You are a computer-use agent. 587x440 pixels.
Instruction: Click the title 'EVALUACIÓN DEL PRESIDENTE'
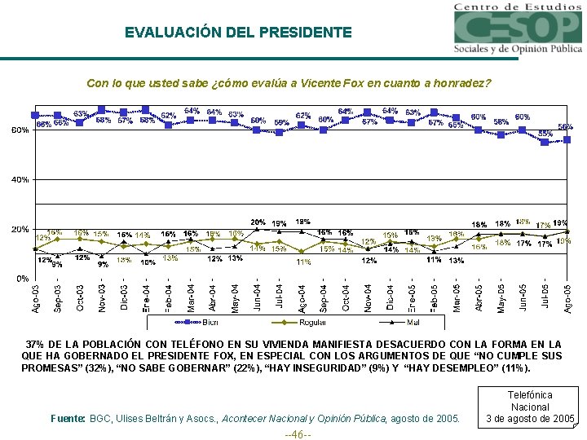pos(238,33)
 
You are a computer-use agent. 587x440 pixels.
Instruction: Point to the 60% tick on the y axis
pos(20,130)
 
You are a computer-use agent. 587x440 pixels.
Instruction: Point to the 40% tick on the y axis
pos(20,179)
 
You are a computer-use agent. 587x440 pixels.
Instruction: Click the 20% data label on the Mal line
pos(258,222)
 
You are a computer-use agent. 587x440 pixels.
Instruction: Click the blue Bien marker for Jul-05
pos(545,142)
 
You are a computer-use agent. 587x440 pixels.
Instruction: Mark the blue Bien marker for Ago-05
pos(567,139)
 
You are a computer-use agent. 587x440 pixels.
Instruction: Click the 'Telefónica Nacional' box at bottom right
pos(530,407)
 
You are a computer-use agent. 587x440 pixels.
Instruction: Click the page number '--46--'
pos(293,433)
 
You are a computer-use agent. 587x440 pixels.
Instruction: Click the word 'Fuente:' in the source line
pos(68,418)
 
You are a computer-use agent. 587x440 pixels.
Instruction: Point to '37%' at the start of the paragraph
pos(36,345)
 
